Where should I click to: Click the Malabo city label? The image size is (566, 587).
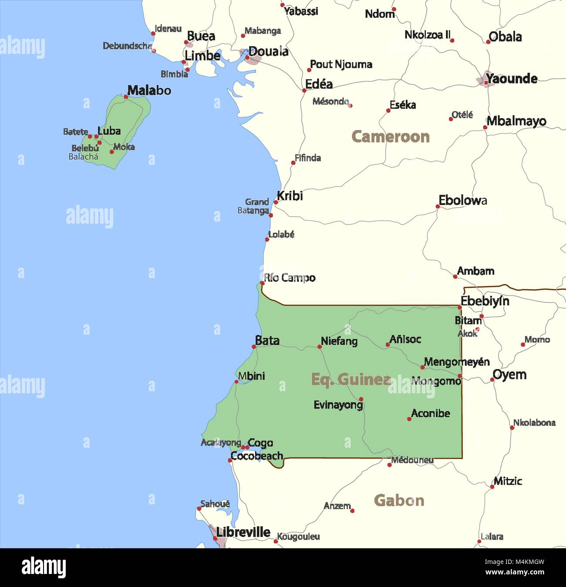[x=149, y=91]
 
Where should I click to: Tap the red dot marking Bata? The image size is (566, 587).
[x=254, y=347]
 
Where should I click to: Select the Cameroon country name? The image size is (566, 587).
[x=390, y=137]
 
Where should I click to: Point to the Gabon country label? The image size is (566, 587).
[x=399, y=500]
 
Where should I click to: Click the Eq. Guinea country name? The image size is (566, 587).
[x=350, y=379]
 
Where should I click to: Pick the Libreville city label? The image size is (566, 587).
[x=243, y=532]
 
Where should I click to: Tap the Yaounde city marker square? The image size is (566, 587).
[x=485, y=82]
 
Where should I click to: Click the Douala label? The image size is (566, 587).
[x=268, y=51]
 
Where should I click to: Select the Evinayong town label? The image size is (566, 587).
[x=338, y=405]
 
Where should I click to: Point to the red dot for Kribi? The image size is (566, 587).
[x=276, y=202]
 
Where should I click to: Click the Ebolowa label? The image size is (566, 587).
[x=462, y=200]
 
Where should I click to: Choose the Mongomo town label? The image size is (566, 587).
[x=436, y=381]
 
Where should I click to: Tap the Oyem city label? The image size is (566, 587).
[x=509, y=374]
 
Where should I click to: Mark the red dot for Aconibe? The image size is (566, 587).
[x=409, y=419]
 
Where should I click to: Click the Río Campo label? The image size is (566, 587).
[x=290, y=278]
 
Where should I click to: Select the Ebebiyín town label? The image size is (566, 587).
[x=485, y=301]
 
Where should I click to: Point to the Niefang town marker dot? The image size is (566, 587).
[x=319, y=347]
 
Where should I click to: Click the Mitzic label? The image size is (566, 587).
[x=508, y=481]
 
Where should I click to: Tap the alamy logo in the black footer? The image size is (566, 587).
[x=44, y=567]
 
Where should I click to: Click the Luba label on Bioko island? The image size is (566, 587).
[x=109, y=131]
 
